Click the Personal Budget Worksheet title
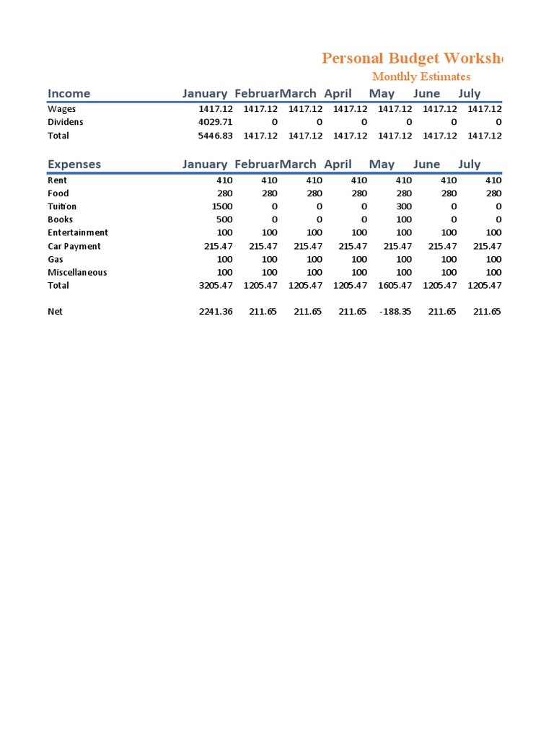[x=412, y=58]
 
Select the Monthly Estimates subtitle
[x=421, y=76]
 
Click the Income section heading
[x=69, y=93]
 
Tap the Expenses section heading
[x=74, y=164]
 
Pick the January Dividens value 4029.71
[x=215, y=122]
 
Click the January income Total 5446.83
[x=215, y=136]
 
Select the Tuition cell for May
[x=404, y=206]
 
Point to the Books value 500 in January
[x=224, y=219]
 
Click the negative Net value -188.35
[x=394, y=312]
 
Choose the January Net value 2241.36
[x=215, y=312]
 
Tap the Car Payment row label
[x=74, y=246]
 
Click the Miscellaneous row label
[x=77, y=272]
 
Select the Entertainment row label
[x=78, y=232]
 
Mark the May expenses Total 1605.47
[x=395, y=286]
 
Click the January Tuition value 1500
[x=221, y=206]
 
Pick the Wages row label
[x=61, y=109]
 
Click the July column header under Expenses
[x=469, y=164]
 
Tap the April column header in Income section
[x=338, y=93]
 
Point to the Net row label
[x=55, y=312]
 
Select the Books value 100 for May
[x=404, y=219]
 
